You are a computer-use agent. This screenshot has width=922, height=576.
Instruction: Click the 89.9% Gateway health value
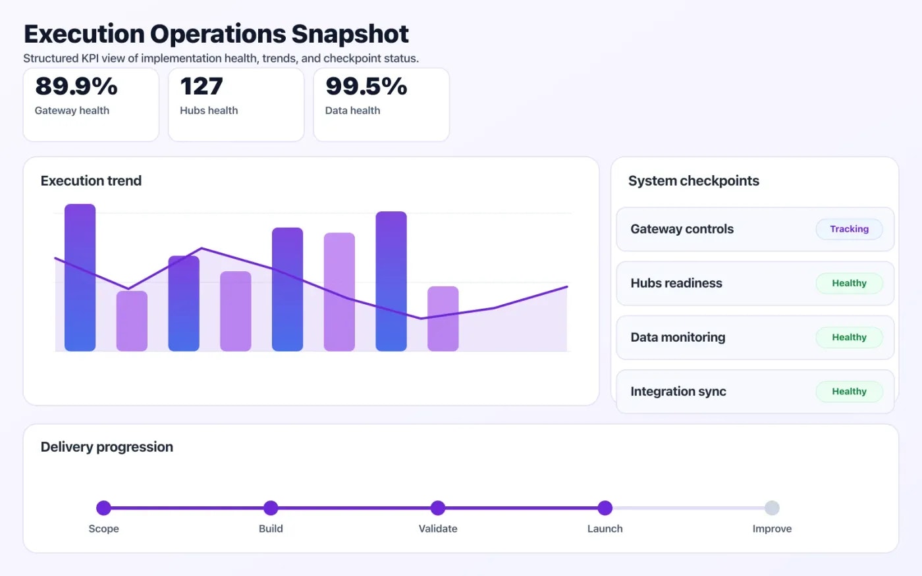(x=76, y=86)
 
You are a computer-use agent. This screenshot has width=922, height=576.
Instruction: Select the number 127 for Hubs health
(x=202, y=86)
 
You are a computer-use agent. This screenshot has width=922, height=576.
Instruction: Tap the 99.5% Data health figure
(x=366, y=86)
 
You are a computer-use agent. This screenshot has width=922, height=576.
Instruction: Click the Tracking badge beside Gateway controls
(x=849, y=229)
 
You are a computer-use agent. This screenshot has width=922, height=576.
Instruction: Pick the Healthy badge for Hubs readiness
(x=849, y=283)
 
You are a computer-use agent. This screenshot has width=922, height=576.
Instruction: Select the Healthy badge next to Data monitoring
(x=849, y=337)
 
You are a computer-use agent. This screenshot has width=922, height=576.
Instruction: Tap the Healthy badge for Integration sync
(x=849, y=391)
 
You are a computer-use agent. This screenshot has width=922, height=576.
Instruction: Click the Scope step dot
(x=103, y=508)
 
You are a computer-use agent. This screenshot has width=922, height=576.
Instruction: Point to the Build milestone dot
(x=271, y=508)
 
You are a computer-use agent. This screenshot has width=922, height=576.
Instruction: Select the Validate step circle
(x=438, y=508)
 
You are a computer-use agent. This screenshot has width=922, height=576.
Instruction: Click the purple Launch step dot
(x=605, y=508)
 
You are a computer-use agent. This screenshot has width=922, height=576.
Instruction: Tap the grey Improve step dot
(x=772, y=508)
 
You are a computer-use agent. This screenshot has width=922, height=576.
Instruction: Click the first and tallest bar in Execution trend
(x=80, y=277)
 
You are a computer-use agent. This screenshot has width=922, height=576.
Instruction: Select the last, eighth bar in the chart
(x=443, y=319)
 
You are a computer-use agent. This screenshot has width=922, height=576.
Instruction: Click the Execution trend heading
(x=91, y=181)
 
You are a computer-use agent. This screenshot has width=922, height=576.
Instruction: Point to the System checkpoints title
(x=693, y=181)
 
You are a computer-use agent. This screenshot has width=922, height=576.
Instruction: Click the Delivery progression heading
(x=107, y=447)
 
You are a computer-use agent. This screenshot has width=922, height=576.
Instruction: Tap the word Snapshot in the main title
(x=350, y=34)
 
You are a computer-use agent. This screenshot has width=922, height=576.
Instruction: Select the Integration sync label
(x=678, y=392)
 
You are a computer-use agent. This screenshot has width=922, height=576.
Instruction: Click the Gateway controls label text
(x=682, y=229)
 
